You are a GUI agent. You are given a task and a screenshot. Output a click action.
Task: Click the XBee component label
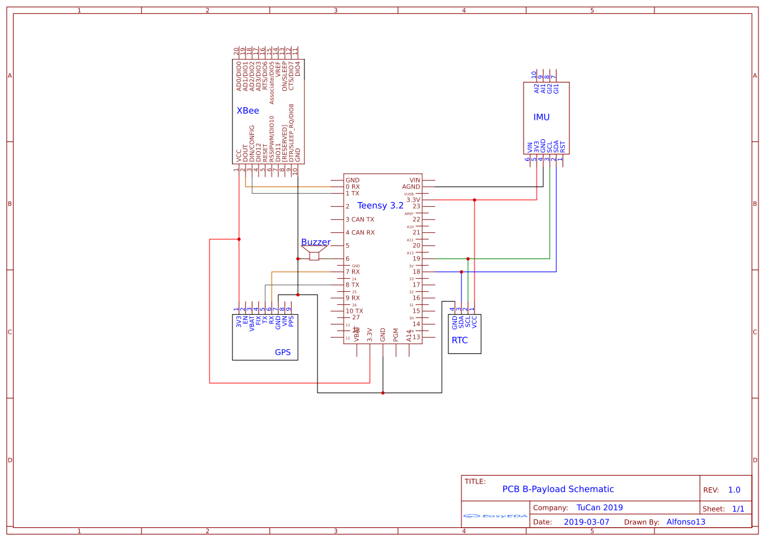pos(247,111)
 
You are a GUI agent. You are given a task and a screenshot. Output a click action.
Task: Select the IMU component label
pos(541,117)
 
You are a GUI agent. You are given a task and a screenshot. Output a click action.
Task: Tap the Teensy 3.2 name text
pos(380,205)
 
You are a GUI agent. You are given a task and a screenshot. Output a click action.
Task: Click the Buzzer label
pos(315,242)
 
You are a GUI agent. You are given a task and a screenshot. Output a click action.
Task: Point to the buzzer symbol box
pos(314,256)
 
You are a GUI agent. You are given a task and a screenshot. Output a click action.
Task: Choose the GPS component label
pos(283,352)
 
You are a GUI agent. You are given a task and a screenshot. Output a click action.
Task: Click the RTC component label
pos(459,340)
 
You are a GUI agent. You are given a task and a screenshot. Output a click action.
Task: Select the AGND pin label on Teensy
pos(411,187)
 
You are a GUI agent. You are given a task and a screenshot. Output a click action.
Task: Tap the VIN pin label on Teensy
pos(414,180)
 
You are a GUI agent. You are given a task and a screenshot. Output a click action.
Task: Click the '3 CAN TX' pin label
pos(360,220)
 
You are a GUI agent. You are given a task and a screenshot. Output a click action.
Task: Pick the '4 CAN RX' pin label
pos(360,233)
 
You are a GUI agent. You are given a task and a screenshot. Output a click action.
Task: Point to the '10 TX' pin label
pos(354,311)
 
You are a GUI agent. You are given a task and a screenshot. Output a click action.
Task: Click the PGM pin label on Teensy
pos(396,334)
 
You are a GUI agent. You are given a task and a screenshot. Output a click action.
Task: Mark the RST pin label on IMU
pos(563,147)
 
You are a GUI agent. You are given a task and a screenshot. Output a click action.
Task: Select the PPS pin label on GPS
pos(291,321)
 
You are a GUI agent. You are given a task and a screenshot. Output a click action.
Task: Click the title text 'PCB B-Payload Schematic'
pos(558,489)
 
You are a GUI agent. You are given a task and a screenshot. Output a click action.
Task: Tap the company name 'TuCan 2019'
pos(599,508)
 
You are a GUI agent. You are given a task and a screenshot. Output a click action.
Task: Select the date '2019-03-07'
pos(586,522)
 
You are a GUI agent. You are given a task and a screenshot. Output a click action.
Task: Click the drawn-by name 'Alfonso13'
pos(686,522)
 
